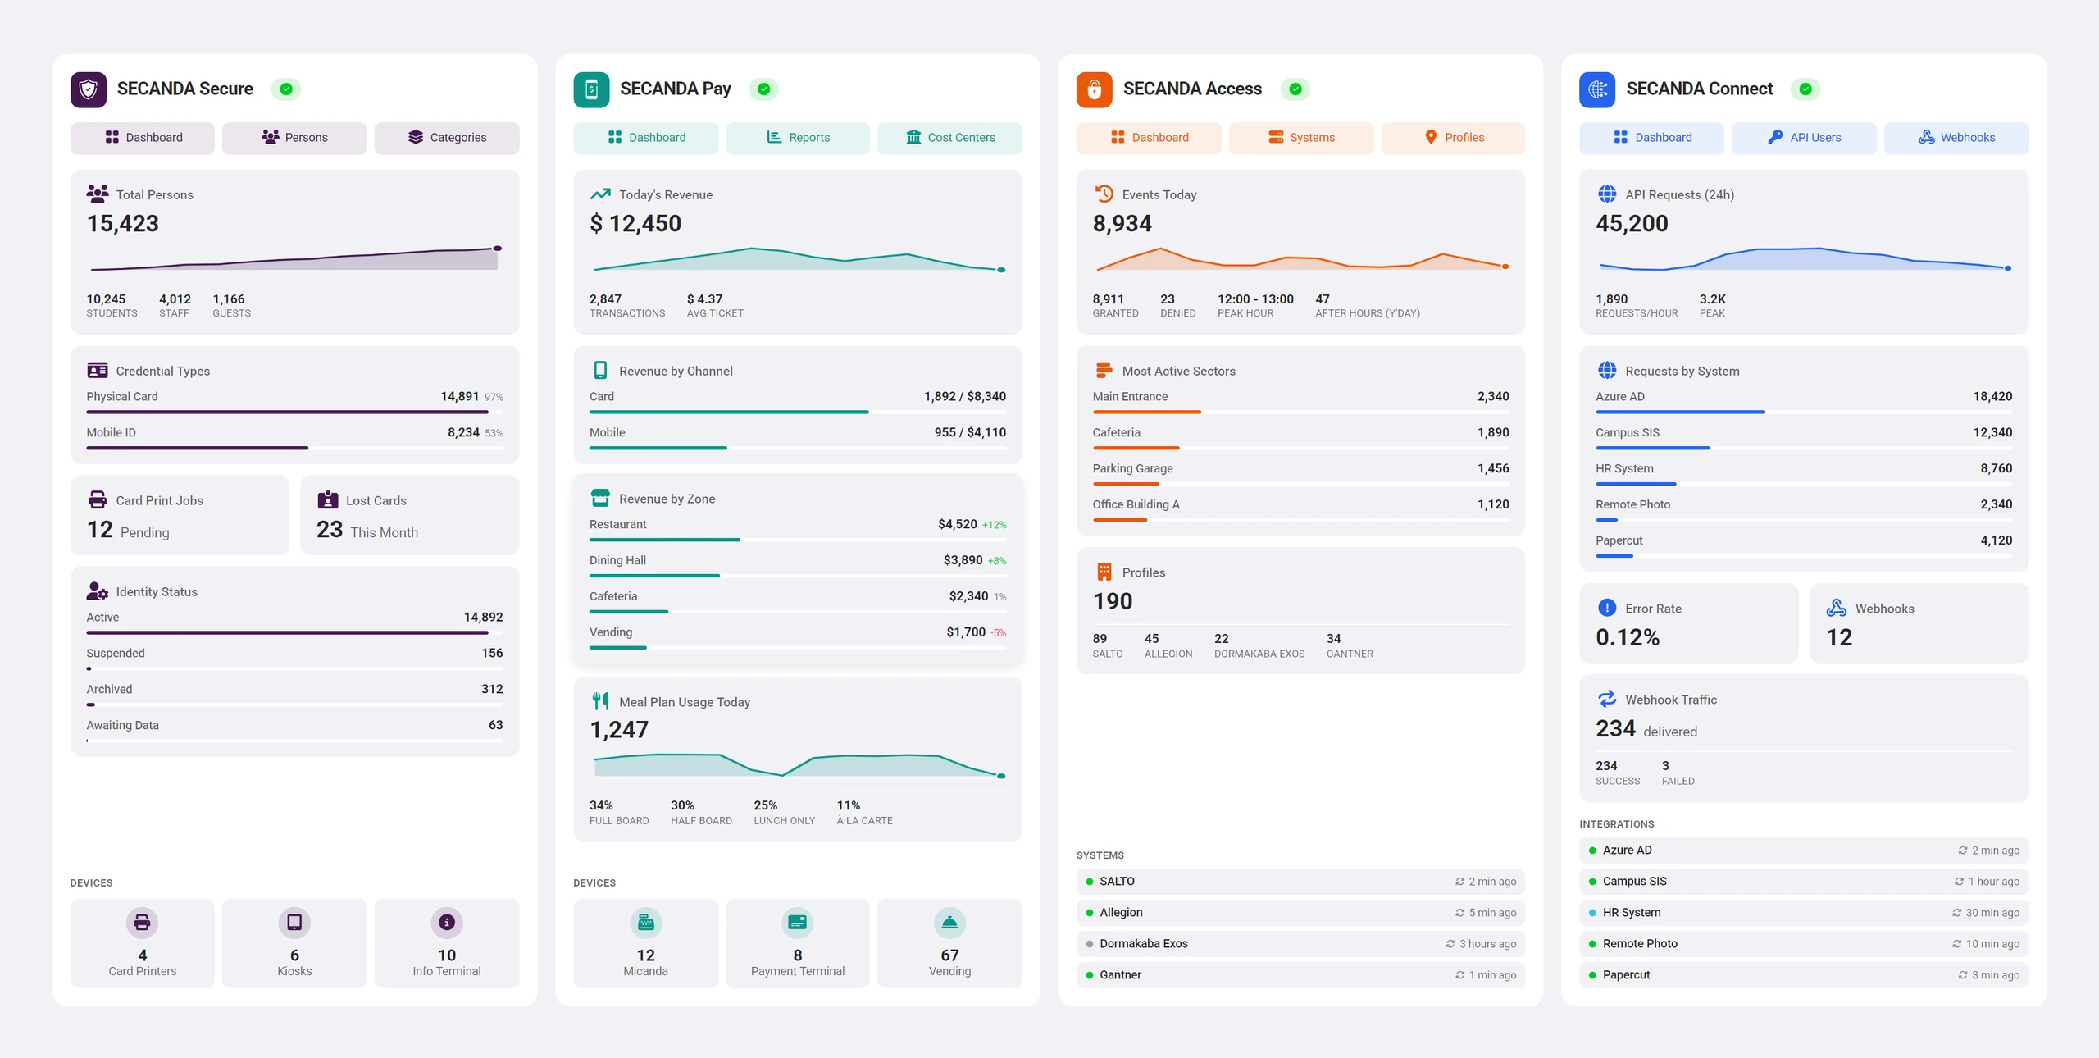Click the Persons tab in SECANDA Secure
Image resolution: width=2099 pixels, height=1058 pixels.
tap(294, 138)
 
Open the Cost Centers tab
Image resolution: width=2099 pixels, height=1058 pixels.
tap(949, 138)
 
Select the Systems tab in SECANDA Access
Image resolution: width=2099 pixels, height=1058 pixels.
tap(1301, 138)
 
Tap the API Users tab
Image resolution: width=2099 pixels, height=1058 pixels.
tap(1804, 138)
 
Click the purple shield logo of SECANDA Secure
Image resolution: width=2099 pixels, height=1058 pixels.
tap(89, 89)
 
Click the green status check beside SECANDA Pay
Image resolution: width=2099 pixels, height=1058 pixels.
tap(763, 89)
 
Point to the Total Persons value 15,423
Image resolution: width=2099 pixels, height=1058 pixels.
tap(123, 223)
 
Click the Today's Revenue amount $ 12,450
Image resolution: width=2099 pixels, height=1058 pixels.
tap(635, 223)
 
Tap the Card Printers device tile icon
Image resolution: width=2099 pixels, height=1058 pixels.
tap(142, 923)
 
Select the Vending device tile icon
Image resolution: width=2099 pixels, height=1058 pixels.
tap(949, 923)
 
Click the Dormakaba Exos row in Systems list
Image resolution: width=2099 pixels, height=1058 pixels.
tap(1300, 944)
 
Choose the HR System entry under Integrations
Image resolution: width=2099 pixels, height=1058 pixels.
tap(1804, 913)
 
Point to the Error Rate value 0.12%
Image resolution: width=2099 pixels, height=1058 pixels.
tap(1628, 637)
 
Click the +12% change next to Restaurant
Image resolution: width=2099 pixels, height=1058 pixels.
tap(995, 525)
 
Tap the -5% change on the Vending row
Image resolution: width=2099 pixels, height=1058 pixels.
tap(999, 633)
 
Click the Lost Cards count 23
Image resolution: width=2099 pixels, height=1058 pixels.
tap(330, 530)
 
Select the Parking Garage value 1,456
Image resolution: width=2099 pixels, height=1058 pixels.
tap(1493, 468)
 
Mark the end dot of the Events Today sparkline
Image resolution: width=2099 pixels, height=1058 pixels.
tap(1505, 267)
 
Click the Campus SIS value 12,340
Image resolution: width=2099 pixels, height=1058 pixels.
tap(1992, 432)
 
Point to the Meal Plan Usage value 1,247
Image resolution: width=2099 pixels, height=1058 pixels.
tap(619, 730)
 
